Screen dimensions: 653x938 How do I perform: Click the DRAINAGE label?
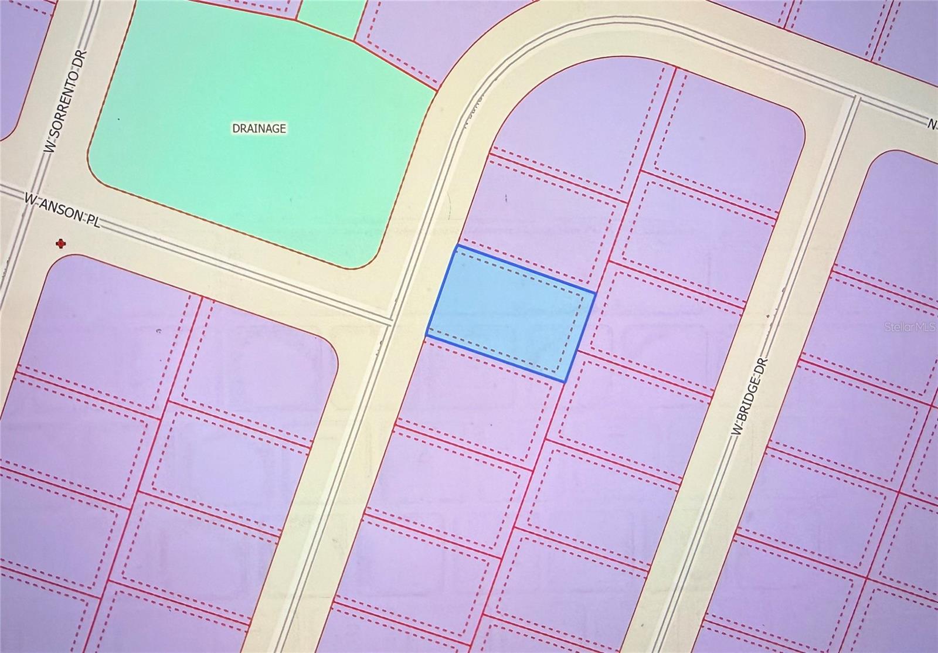coord(259,128)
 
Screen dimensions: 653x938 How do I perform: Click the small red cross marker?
coord(60,243)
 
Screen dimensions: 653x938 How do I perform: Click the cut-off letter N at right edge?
coord(932,124)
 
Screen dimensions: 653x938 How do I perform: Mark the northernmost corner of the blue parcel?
coord(458,247)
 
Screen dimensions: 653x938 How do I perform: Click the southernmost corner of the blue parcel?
coord(565,382)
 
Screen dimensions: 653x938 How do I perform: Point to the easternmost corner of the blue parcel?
coord(596,293)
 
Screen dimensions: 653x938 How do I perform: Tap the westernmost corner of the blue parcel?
coord(426,336)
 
